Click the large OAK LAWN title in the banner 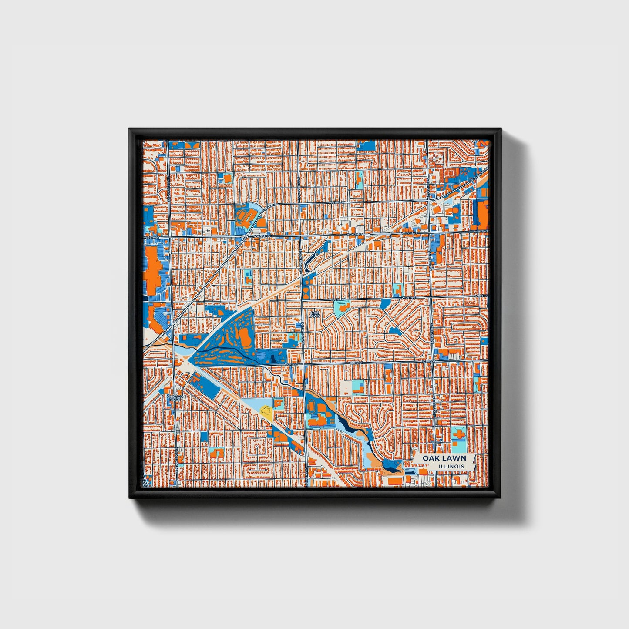coord(444,458)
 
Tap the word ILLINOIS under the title coord(451,467)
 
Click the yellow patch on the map coord(266,410)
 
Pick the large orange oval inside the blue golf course coord(245,337)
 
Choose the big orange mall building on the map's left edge coord(152,270)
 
